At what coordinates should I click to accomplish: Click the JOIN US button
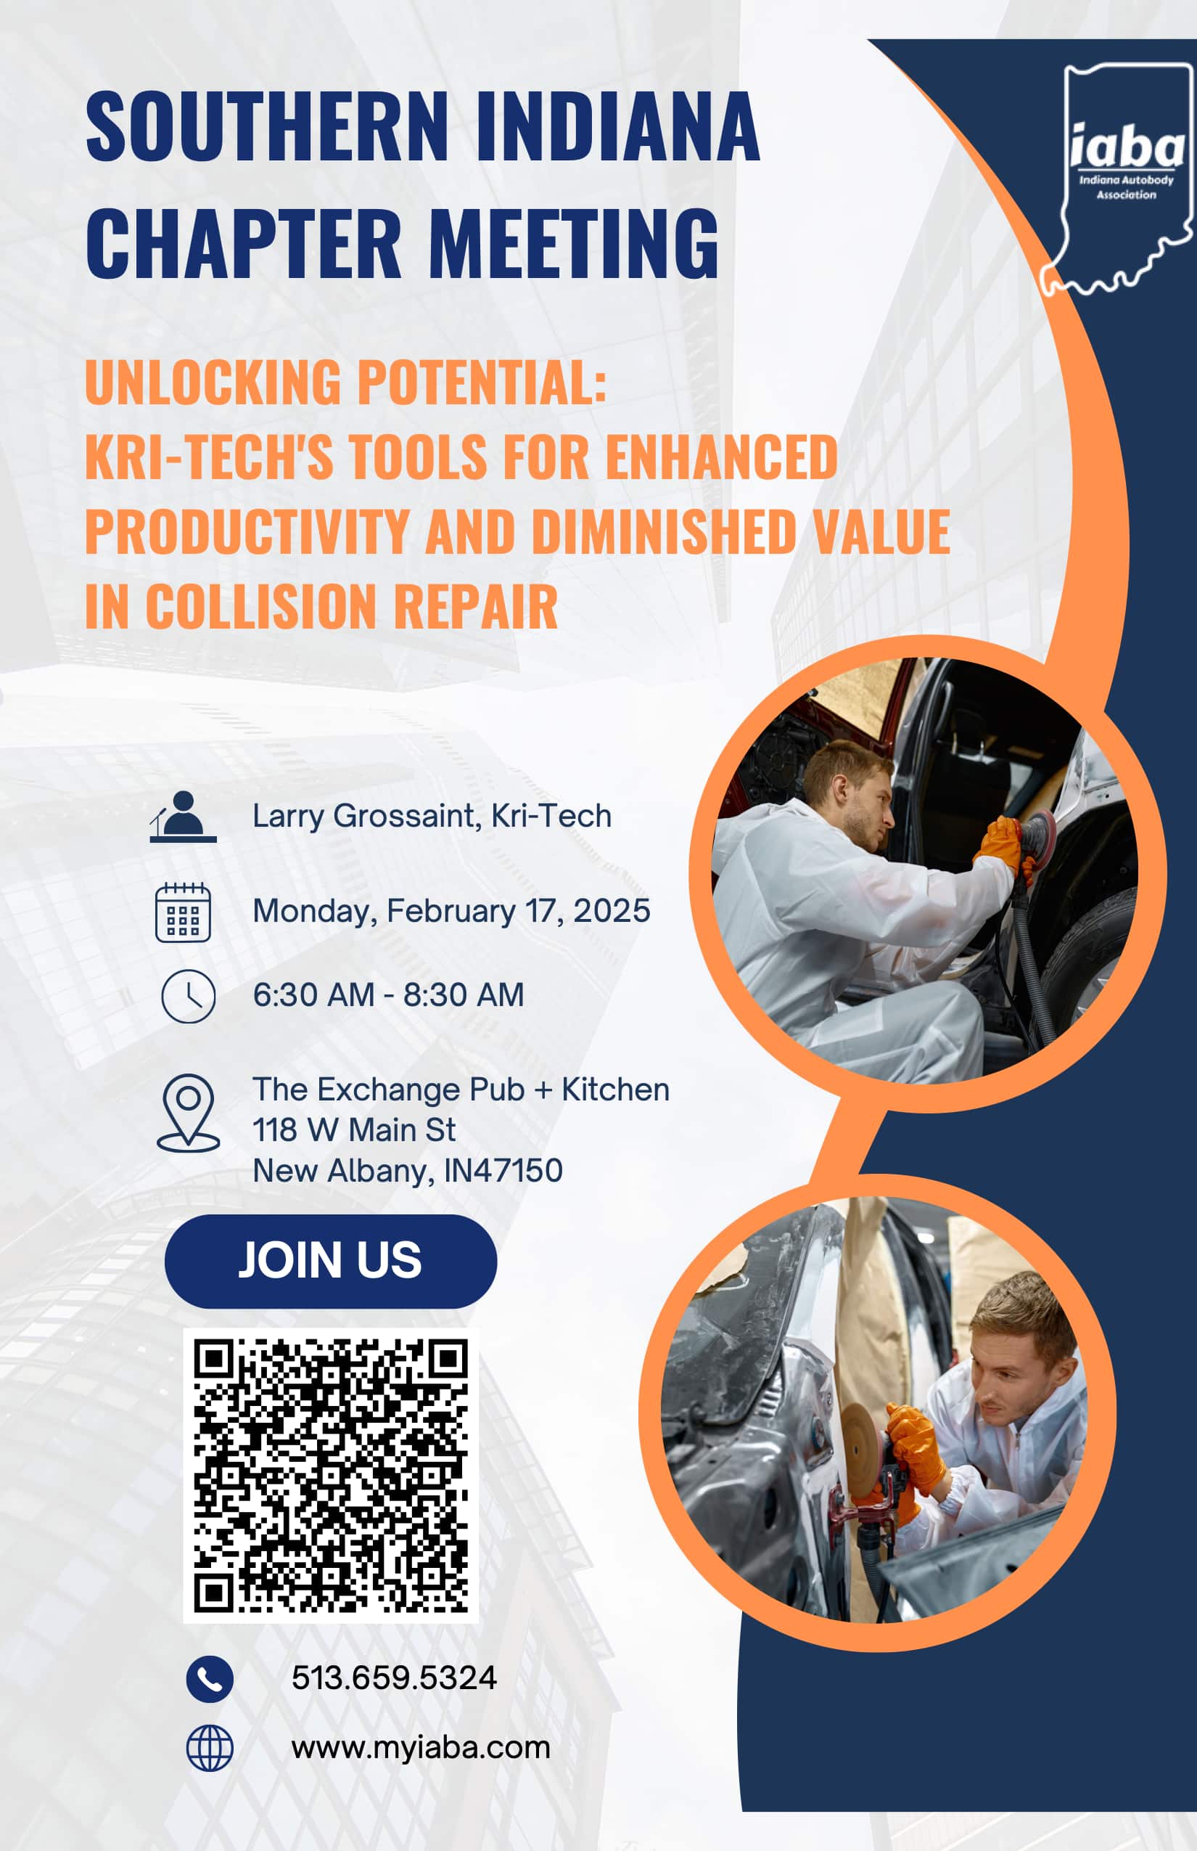(x=330, y=1261)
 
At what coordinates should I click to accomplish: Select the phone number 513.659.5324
(x=394, y=1678)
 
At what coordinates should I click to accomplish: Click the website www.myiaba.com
(x=421, y=1748)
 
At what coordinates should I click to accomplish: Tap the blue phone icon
(x=210, y=1678)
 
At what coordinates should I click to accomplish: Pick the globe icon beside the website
(x=210, y=1749)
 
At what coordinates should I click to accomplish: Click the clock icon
(x=188, y=995)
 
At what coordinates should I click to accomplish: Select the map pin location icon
(x=188, y=1112)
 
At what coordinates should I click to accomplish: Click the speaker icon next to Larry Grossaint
(x=183, y=817)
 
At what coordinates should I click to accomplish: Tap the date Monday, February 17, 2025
(x=451, y=911)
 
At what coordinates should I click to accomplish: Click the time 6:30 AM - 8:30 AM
(x=389, y=994)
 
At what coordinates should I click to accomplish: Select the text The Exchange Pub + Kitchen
(x=461, y=1090)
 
